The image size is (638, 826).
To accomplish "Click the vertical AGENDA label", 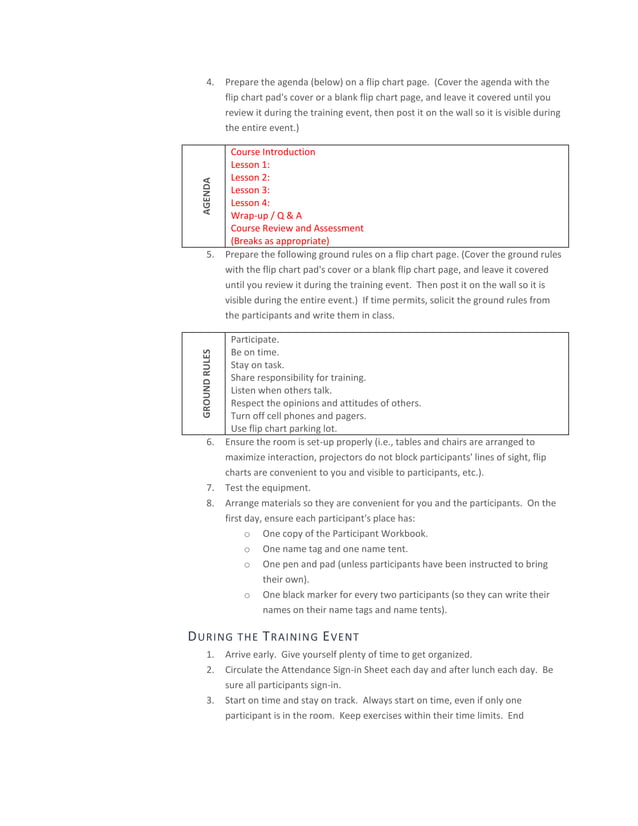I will pyautogui.click(x=206, y=196).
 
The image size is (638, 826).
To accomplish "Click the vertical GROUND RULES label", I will pyautogui.click(x=206, y=383).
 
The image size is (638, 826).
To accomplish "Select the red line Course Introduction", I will pyautogui.click(x=272, y=152).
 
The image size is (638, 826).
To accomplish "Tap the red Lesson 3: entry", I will pyautogui.click(x=250, y=190).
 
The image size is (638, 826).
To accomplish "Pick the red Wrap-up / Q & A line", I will pyautogui.click(x=266, y=215).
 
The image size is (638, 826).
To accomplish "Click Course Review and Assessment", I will pyautogui.click(x=297, y=228).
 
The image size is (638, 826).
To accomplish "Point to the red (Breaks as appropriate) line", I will pyautogui.click(x=279, y=241).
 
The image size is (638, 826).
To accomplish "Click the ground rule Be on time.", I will pyautogui.click(x=255, y=353).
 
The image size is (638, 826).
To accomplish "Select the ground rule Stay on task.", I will pyautogui.click(x=257, y=365).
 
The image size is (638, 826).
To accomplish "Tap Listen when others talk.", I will pyautogui.click(x=281, y=390).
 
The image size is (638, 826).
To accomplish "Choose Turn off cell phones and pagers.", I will pyautogui.click(x=298, y=416).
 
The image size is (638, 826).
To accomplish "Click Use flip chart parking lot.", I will pyautogui.click(x=285, y=428).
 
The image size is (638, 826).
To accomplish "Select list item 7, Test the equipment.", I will pyautogui.click(x=267, y=488).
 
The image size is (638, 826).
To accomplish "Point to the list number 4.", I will pyautogui.click(x=209, y=82).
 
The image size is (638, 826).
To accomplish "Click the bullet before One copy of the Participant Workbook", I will pyautogui.click(x=246, y=534).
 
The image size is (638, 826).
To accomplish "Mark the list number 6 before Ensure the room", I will pyautogui.click(x=209, y=441).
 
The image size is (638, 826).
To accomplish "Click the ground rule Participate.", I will pyautogui.click(x=255, y=340).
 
